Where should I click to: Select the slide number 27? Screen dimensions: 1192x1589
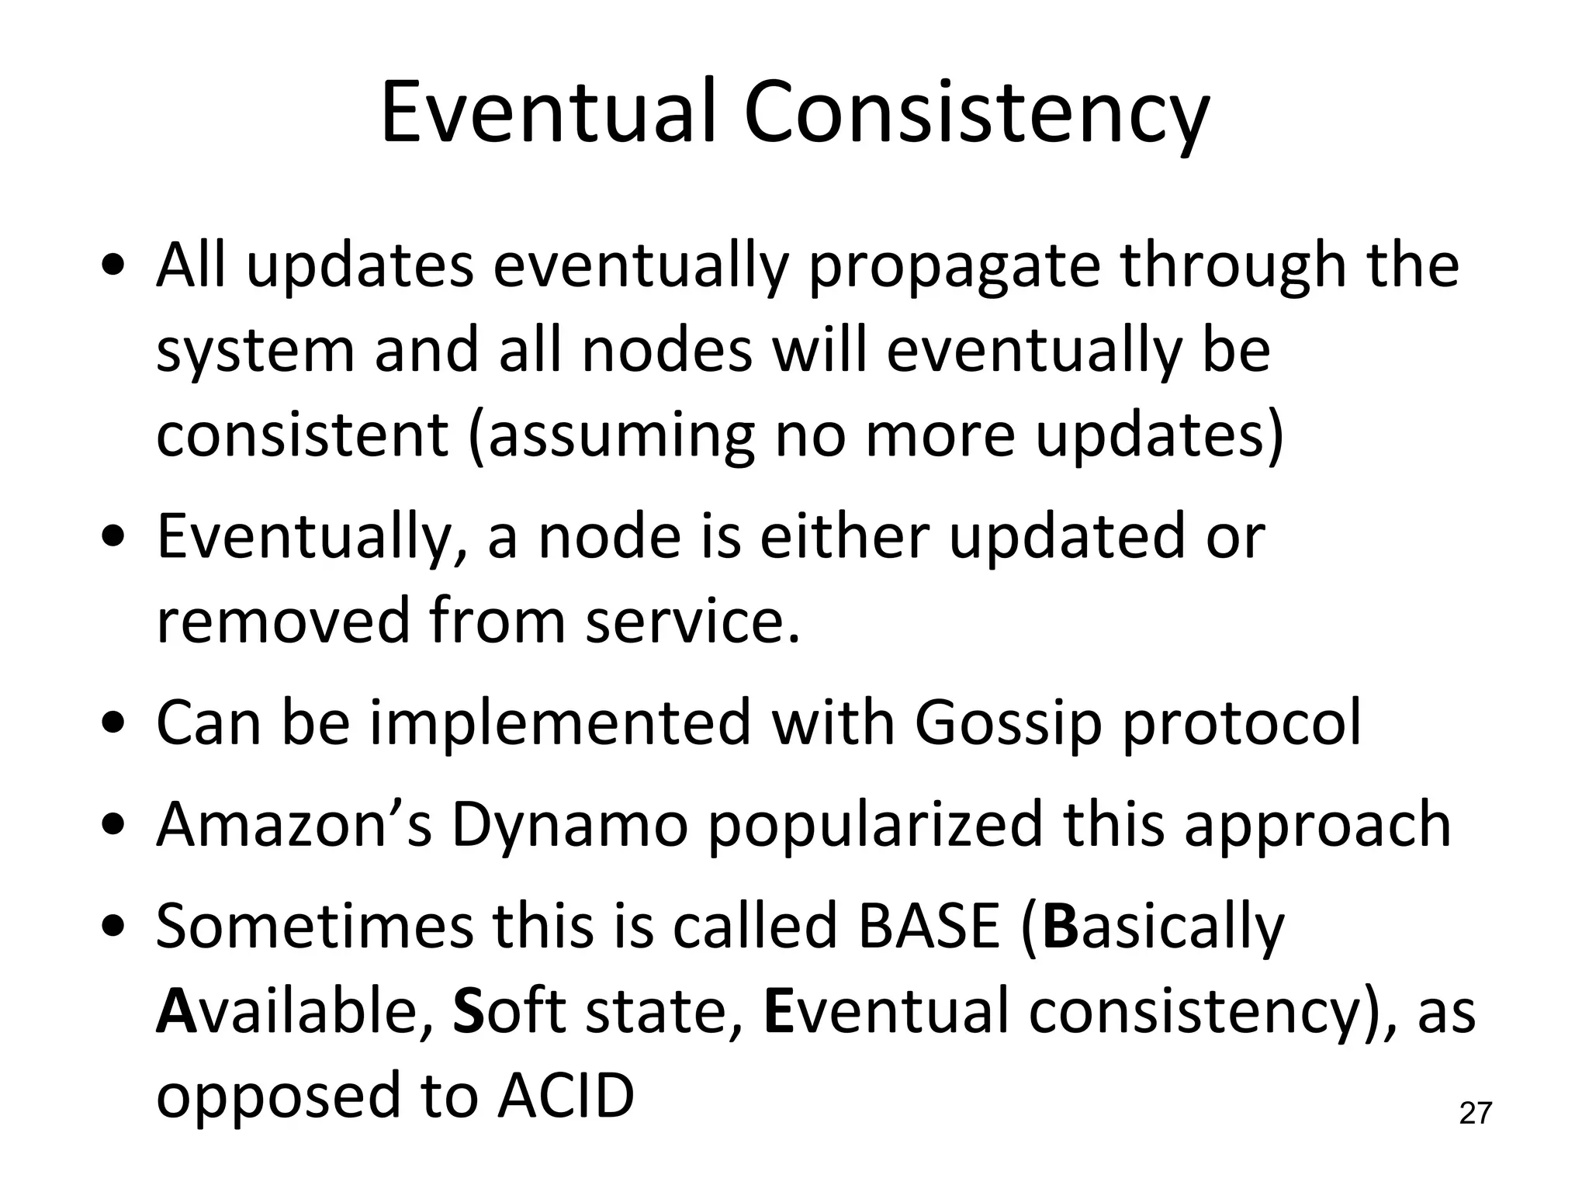coord(1475,1114)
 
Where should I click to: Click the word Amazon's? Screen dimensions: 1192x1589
coord(293,824)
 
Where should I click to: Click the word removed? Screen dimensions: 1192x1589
coord(282,621)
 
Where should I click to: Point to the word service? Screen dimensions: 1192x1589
coord(691,621)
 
